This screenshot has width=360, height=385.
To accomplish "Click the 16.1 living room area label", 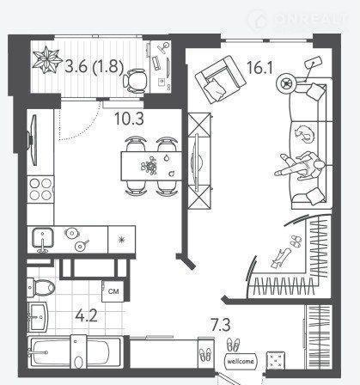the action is (259, 68).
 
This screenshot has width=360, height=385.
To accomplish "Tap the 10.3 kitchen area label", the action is (129, 119).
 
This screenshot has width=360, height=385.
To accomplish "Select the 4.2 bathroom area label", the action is (86, 316).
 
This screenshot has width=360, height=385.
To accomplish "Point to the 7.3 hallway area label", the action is (221, 325).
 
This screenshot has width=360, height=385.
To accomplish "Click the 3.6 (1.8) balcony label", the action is (94, 66).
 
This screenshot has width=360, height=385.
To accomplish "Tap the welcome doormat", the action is (241, 361).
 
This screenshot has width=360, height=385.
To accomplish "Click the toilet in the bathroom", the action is (41, 287).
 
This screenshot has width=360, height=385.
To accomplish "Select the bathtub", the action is (76, 352).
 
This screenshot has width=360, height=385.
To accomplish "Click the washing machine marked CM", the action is (113, 291).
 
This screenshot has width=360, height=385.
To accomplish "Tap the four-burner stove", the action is (40, 189).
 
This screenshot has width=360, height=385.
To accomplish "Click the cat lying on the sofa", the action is (304, 133).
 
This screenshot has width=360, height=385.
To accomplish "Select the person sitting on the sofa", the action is (300, 166).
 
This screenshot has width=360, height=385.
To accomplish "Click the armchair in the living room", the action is (221, 79).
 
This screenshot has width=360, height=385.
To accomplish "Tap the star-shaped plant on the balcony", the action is (47, 60).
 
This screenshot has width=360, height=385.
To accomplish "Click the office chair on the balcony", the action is (135, 81).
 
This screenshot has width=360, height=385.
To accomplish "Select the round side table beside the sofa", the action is (286, 83).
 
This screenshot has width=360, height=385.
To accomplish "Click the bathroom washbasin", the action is (38, 317).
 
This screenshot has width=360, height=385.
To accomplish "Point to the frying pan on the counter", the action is (80, 246).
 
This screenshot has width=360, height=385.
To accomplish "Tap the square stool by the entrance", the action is (276, 360).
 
